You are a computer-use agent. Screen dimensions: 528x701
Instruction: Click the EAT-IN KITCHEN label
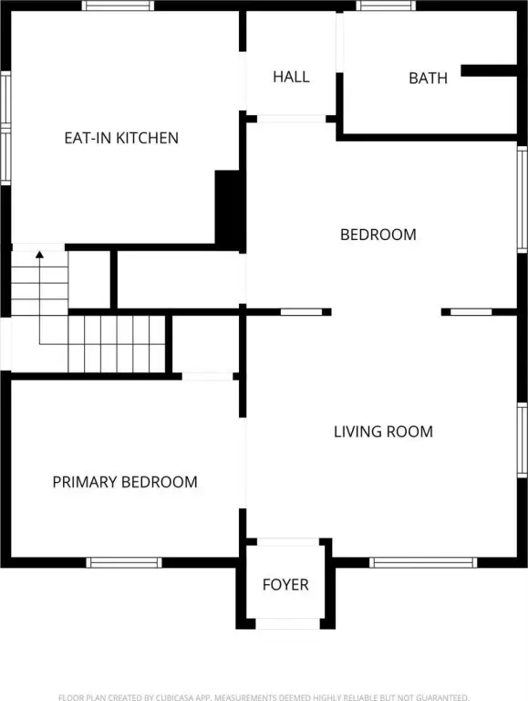(121, 138)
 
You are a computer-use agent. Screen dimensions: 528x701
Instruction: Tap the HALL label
(291, 77)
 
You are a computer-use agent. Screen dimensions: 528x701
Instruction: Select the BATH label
(428, 78)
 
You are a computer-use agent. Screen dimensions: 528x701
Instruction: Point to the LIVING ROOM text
(383, 432)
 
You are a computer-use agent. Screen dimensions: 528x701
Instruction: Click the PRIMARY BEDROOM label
(125, 482)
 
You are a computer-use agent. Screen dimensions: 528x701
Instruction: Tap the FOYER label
(285, 585)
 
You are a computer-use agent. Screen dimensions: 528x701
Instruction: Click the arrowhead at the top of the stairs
(40, 255)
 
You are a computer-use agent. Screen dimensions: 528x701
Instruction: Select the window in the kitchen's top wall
(118, 5)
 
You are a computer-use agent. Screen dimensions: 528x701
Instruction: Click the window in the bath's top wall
(386, 5)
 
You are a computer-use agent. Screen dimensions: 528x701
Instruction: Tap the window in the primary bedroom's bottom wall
(124, 562)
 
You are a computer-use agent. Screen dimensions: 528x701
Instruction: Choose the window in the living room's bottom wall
(423, 562)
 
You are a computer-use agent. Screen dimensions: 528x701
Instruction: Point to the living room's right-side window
(523, 440)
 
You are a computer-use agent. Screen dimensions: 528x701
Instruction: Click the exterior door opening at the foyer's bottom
(287, 624)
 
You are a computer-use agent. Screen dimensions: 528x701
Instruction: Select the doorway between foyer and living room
(287, 542)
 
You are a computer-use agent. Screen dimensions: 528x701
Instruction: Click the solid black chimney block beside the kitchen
(229, 209)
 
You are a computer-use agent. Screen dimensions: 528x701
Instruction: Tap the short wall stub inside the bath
(489, 70)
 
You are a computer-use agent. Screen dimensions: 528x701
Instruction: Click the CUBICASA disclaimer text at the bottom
(264, 697)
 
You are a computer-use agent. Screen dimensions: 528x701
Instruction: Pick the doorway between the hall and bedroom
(291, 119)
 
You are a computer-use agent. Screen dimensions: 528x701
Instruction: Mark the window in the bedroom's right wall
(523, 199)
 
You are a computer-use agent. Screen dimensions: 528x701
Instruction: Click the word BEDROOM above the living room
(378, 235)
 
